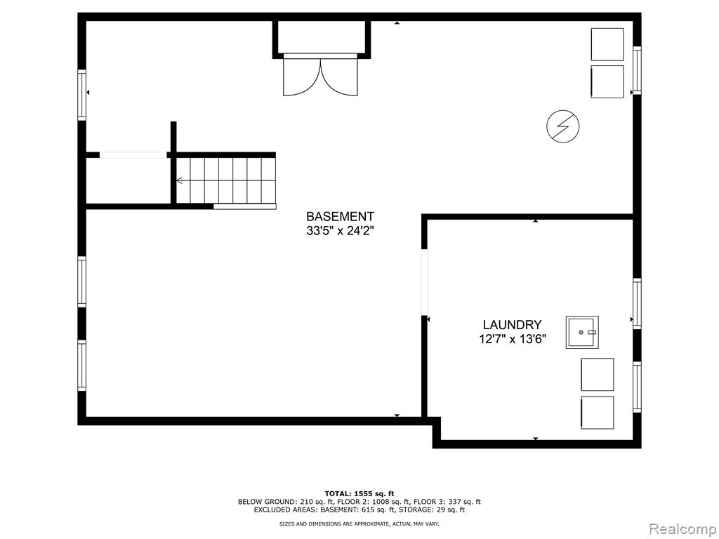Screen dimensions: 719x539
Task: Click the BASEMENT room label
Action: tap(341, 216)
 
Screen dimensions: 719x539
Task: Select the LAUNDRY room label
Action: tap(512, 325)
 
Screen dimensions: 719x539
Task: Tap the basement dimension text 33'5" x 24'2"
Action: tap(341, 231)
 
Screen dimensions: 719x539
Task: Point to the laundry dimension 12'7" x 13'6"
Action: tap(512, 339)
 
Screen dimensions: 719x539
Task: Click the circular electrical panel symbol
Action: tap(563, 126)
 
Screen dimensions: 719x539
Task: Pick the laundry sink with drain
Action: tap(582, 332)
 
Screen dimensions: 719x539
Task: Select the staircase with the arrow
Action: tap(226, 180)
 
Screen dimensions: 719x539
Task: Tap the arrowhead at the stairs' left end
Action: tap(179, 180)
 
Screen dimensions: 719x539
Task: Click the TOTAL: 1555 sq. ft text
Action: tap(359, 493)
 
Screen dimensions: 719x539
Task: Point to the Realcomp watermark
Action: tap(683, 529)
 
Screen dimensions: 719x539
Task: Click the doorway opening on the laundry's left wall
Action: tap(424, 282)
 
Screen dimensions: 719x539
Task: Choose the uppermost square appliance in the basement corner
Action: tap(607, 44)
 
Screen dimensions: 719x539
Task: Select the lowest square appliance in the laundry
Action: tap(597, 413)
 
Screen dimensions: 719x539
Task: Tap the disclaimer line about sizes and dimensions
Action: tap(359, 524)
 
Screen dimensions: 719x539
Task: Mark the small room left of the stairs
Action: tap(128, 180)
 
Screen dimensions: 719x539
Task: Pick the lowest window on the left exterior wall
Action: tap(81, 365)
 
